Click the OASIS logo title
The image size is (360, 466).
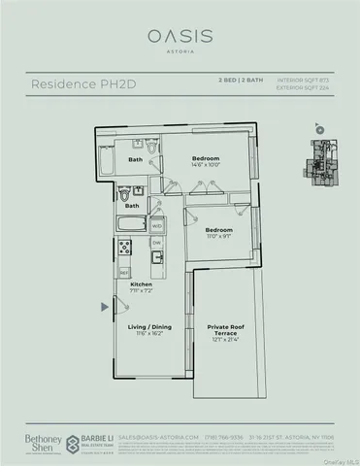(x=180, y=36)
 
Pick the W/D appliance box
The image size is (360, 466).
(x=157, y=225)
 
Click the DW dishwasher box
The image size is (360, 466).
(x=155, y=244)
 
